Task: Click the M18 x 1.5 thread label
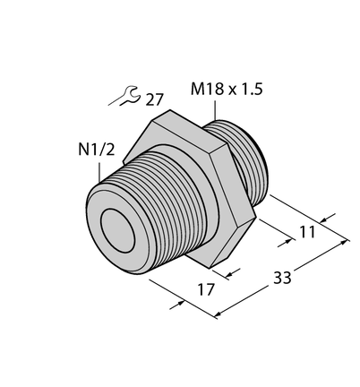[x=227, y=90]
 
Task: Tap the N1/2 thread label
[x=96, y=150]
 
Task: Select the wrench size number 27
[x=155, y=100]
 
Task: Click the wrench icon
[x=129, y=95]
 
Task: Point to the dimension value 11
[x=307, y=232]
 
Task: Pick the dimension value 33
[x=282, y=278]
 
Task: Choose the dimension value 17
[x=206, y=289]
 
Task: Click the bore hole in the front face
[x=118, y=231]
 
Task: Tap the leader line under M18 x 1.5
[x=215, y=110]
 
